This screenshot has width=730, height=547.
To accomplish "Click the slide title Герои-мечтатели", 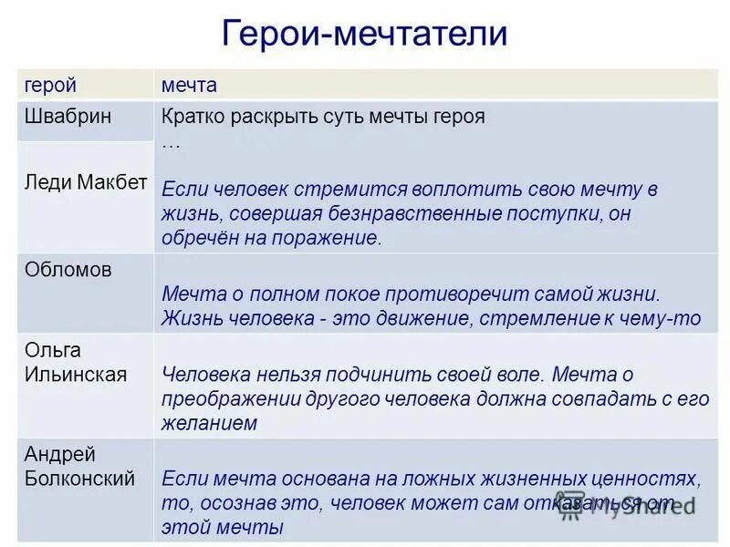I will (x=364, y=35).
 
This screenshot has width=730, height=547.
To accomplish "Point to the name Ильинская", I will (x=75, y=374).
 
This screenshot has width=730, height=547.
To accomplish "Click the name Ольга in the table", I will (x=53, y=350).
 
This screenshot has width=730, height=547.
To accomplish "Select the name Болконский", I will (x=79, y=478).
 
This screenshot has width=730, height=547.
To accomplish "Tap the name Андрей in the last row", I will (x=59, y=454).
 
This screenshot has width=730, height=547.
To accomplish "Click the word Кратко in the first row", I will (x=191, y=117).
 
